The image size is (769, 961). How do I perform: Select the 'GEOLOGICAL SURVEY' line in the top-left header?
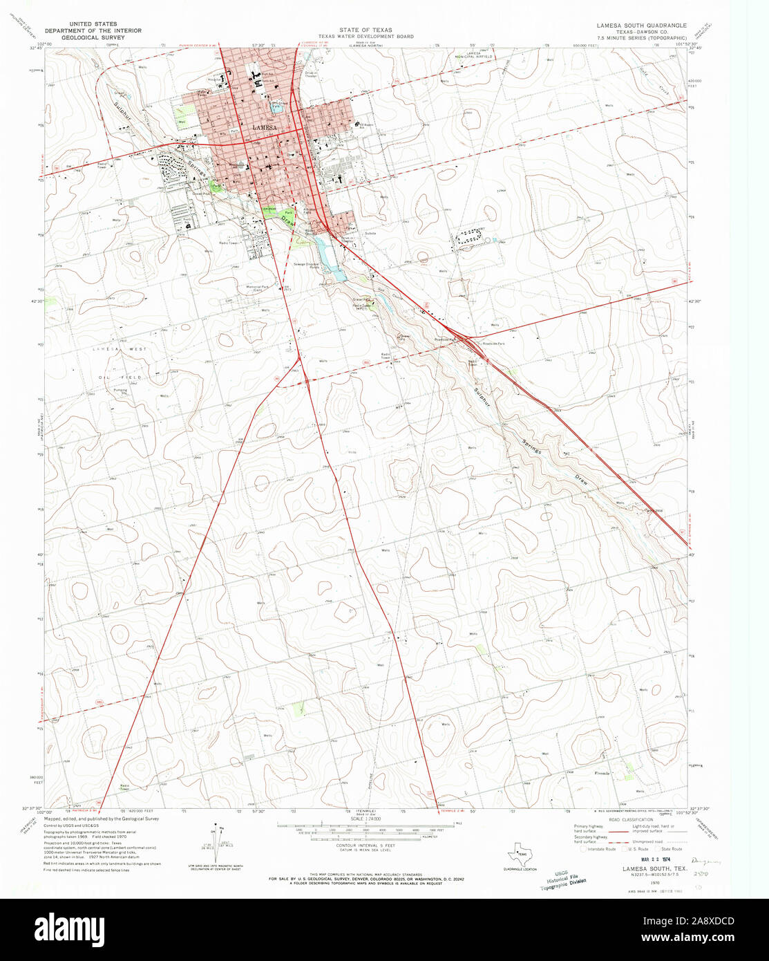pyautogui.click(x=93, y=37)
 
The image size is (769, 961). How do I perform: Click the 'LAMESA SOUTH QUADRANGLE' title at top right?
pyautogui.click(x=642, y=25)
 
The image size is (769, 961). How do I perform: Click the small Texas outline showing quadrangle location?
pyautogui.click(x=520, y=853)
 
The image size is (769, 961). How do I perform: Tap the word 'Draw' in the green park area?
pyautogui.click(x=286, y=221)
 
